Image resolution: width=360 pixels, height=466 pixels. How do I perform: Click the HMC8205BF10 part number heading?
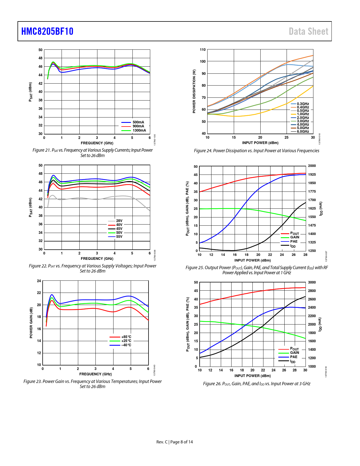coord(47,31)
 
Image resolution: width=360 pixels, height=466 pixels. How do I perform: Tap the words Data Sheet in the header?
coord(308,31)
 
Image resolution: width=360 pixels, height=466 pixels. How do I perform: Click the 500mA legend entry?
coord(138,122)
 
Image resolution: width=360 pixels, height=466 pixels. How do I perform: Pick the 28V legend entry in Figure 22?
coord(119,221)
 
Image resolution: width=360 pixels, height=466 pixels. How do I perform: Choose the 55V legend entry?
coord(119,237)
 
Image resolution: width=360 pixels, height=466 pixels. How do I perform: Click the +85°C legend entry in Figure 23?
coord(126,337)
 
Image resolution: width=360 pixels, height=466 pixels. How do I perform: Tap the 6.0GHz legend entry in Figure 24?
coord(303,132)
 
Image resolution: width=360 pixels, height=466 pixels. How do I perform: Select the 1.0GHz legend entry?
coord(303,114)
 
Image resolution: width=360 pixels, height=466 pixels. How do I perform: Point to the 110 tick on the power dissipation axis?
coord(203,50)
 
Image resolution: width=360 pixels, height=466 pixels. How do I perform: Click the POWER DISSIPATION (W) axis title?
coord(194,91)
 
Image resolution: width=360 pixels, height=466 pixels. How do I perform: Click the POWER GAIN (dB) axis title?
coord(31,323)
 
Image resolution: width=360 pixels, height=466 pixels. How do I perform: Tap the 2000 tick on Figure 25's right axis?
coord(312,166)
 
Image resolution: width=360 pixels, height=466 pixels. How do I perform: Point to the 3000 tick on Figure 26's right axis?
coord(312,282)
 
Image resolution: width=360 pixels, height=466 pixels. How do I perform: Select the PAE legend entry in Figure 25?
coord(294,241)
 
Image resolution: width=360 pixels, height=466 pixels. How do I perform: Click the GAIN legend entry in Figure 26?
coord(294,353)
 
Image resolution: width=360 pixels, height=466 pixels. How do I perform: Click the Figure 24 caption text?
coord(256,151)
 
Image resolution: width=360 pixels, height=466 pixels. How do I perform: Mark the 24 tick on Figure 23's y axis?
coord(39,281)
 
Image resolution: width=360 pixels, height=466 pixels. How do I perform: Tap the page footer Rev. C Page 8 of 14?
coord(174,442)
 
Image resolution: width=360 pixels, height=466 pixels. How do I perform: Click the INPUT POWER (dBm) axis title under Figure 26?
coord(252,376)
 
